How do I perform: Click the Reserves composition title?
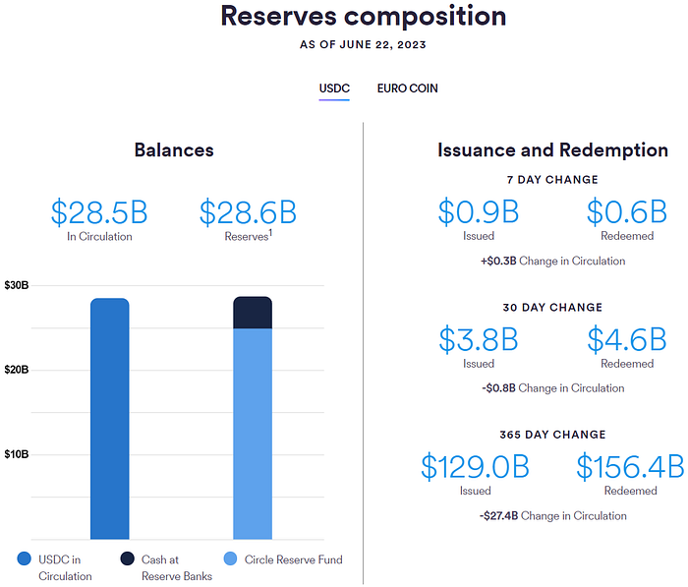(364, 17)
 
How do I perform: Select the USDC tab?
(334, 88)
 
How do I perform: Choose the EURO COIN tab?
(407, 88)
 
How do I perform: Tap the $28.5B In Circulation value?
(99, 212)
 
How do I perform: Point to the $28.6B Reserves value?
(248, 212)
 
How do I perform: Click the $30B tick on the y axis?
(17, 285)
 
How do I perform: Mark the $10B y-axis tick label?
(17, 454)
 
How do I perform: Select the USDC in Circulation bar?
(109, 418)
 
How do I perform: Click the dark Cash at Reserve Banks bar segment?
(253, 313)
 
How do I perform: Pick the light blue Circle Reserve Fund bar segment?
(253, 433)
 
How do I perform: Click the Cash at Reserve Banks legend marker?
(128, 559)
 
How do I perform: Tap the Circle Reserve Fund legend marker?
(230, 559)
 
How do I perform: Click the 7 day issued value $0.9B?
(478, 212)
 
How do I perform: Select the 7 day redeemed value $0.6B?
(627, 212)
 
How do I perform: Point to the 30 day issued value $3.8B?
(478, 339)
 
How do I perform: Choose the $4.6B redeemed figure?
(627, 339)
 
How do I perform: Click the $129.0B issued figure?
(476, 466)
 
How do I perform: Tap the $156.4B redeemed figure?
(630, 466)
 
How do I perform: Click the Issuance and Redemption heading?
(552, 150)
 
